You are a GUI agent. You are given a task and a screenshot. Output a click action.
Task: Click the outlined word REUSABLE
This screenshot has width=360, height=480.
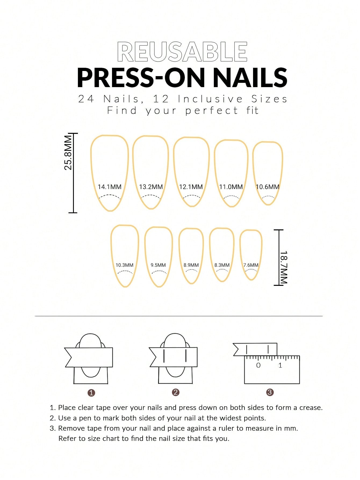tap(182, 52)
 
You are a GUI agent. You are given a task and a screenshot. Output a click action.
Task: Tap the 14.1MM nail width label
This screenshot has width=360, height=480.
tap(110, 187)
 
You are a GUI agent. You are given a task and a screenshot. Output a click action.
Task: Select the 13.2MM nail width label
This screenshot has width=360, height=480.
tap(151, 187)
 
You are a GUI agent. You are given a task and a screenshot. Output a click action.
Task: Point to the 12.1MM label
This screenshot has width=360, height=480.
tap(191, 187)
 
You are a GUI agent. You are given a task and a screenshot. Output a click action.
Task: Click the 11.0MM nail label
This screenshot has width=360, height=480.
tap(231, 187)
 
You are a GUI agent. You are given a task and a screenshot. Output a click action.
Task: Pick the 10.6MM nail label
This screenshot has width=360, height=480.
tap(268, 187)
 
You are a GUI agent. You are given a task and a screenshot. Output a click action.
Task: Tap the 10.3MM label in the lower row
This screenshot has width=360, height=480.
tap(124, 265)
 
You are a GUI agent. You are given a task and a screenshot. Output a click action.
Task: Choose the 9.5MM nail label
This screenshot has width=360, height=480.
tap(158, 265)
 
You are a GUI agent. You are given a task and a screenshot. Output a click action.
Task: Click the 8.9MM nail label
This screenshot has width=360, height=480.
tap(191, 265)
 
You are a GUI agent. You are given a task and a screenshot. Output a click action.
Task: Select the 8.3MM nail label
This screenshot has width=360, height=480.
tap(222, 265)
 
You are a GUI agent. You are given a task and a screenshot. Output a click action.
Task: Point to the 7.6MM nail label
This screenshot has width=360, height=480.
tap(251, 265)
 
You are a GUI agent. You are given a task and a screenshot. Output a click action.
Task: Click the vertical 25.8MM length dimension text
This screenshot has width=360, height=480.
tap(68, 152)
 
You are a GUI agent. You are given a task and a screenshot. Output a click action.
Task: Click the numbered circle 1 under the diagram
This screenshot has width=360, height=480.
tap(91, 393)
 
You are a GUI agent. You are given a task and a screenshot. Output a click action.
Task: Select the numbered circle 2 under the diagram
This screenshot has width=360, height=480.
tap(175, 392)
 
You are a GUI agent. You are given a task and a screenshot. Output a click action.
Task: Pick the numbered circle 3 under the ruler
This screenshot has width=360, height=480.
tap(270, 392)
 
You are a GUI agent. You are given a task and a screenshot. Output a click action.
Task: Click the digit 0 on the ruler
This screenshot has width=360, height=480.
tap(258, 365)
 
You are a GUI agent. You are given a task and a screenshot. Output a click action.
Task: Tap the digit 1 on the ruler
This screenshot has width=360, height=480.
tap(280, 365)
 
